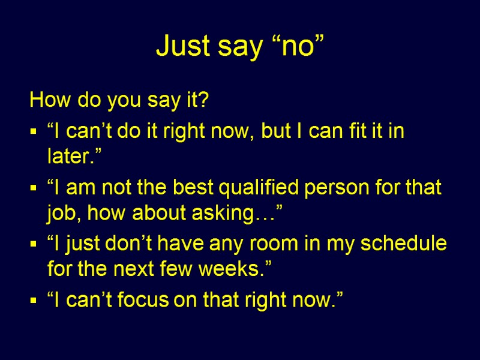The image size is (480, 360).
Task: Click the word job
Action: [x=61, y=213]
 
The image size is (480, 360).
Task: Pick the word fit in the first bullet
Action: [x=359, y=131]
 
